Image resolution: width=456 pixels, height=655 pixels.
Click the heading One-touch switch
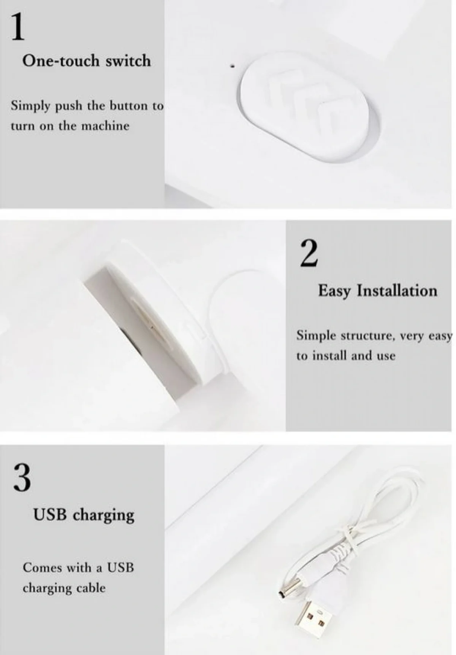87,61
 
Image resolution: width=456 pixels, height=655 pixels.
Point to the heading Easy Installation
378,291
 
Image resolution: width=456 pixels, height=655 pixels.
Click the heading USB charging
84,515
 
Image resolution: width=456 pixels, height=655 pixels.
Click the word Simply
30,106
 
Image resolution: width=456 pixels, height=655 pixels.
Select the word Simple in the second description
316,336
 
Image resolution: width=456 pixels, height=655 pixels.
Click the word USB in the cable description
120,568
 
